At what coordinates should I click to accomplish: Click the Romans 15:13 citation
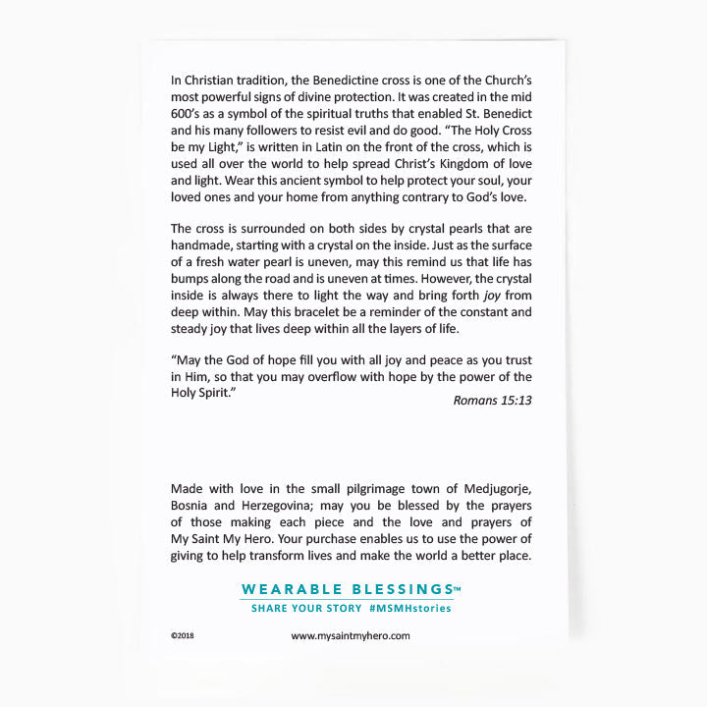tap(492, 400)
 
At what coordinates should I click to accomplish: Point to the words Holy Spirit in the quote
tap(202, 393)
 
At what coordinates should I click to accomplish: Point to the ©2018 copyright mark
tap(184, 636)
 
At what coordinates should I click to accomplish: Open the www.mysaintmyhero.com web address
tap(351, 635)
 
